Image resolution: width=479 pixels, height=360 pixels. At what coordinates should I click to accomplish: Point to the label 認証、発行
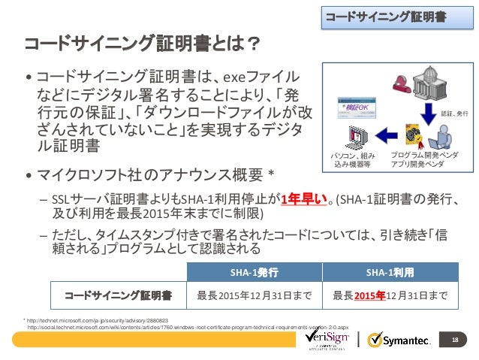click(453, 113)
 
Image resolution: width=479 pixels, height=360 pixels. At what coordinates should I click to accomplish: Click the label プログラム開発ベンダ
click(425, 154)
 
